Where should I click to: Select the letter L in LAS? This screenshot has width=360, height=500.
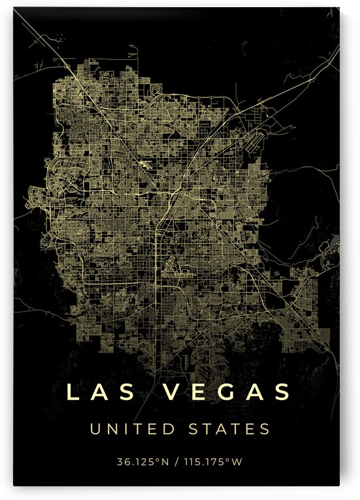point(73,392)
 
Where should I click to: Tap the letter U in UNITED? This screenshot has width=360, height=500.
point(95,430)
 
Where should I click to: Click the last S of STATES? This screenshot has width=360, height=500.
point(264,430)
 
